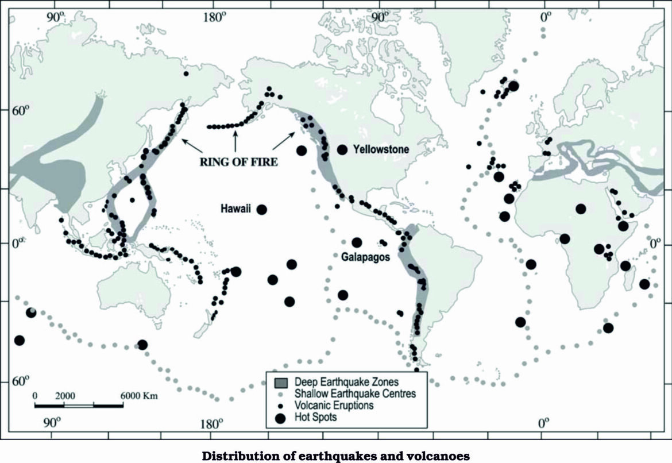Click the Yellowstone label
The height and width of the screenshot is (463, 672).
coord(381,149)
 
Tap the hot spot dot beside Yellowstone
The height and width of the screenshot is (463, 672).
coord(342,149)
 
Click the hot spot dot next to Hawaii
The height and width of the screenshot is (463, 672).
coord(262,210)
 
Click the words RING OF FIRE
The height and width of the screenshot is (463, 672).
coord(238,162)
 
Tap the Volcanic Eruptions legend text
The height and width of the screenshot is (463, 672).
coord(334,406)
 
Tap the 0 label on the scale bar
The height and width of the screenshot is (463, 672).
coord(35,396)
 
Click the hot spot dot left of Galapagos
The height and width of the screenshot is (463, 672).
coord(357,242)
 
